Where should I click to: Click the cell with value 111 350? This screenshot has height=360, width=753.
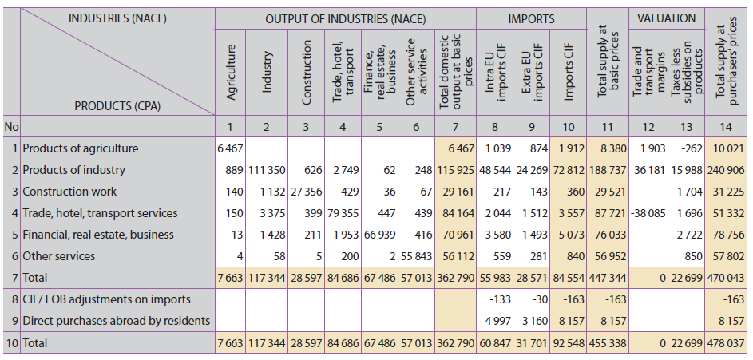pos(265,170)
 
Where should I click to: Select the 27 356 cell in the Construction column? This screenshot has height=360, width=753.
pos(305,192)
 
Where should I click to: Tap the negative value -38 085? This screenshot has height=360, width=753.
pos(648,213)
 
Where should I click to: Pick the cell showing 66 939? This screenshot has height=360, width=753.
pos(381,235)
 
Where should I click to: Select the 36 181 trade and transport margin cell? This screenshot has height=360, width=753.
pos(648,170)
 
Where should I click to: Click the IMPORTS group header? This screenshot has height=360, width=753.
pos(531,18)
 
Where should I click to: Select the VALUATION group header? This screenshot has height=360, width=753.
pos(667,18)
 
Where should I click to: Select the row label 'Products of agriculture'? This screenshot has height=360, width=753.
pos(81,148)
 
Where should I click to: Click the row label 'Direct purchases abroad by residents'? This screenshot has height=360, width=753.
pos(117,321)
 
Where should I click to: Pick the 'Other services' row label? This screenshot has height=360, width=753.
pos(58,256)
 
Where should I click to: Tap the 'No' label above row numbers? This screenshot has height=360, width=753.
pos(10,127)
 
